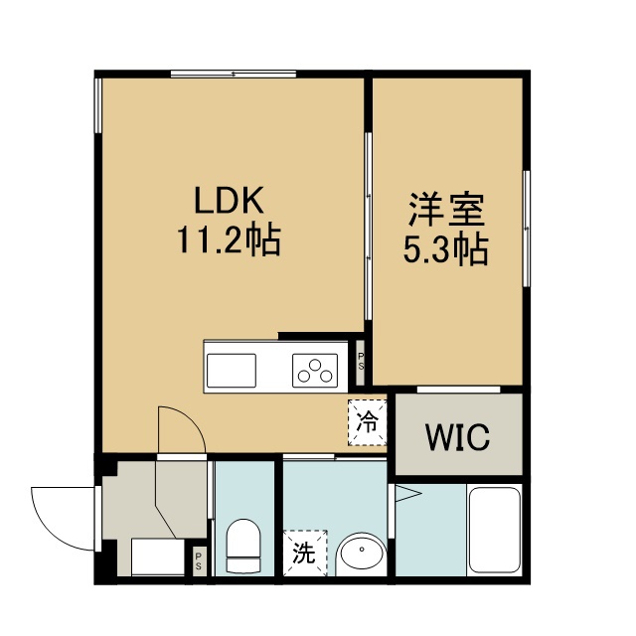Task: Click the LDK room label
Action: tap(229, 201)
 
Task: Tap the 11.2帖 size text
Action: tap(229, 239)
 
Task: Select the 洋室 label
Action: tap(446, 210)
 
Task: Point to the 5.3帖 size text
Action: tap(445, 248)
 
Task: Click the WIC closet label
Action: tap(457, 437)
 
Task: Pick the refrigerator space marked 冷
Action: tap(367, 422)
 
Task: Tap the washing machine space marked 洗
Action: tap(305, 553)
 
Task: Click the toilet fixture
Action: tap(243, 546)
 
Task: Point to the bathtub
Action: tap(495, 530)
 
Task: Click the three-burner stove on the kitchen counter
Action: tap(315, 371)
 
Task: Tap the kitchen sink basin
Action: tap(232, 371)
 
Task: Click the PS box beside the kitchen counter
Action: tap(360, 362)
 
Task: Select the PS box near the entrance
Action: tap(199, 561)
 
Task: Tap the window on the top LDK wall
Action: tap(234, 74)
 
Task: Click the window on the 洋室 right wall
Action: tap(527, 229)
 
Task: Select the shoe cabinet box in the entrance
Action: tap(158, 556)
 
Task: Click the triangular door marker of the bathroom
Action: tap(408, 494)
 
